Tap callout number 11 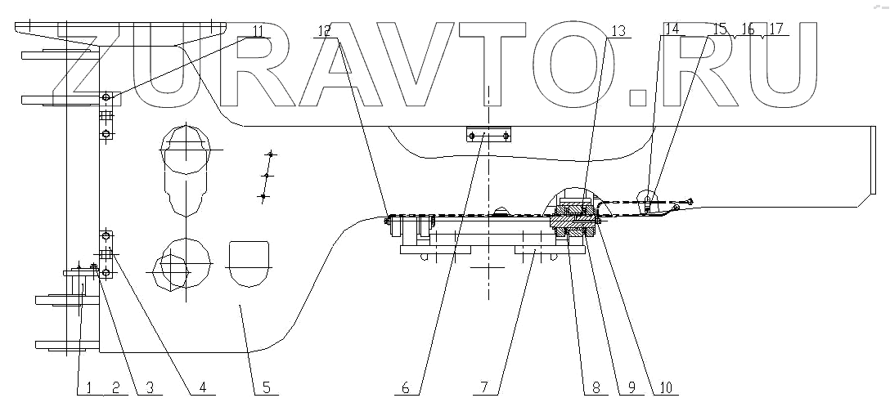[258, 32]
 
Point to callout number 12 [325, 32]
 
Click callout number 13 [616, 32]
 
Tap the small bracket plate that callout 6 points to [488, 135]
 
